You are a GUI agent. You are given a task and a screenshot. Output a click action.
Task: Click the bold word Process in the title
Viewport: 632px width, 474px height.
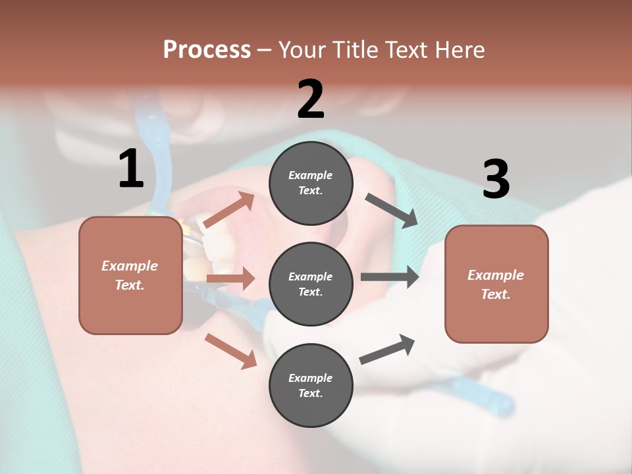click(207, 49)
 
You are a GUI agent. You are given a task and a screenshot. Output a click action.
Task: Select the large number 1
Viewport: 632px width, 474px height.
click(131, 169)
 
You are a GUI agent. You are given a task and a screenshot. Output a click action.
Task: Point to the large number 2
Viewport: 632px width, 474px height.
click(311, 99)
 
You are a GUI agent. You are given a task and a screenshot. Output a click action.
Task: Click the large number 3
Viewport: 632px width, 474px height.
click(496, 180)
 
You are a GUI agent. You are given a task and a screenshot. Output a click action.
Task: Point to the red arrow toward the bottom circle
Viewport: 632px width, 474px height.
click(230, 350)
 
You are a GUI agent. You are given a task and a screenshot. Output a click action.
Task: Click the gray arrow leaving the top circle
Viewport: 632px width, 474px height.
click(391, 211)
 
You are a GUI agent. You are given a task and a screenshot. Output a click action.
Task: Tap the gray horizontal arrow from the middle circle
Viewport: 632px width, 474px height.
click(389, 276)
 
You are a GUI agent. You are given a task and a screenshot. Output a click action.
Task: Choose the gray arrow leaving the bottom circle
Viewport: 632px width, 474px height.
click(387, 350)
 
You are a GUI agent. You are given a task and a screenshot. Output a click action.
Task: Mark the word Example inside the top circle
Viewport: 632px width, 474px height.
click(311, 175)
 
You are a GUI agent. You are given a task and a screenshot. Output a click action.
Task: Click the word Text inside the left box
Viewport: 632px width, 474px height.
click(130, 285)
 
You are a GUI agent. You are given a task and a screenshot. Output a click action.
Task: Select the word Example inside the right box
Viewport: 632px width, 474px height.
click(496, 275)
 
